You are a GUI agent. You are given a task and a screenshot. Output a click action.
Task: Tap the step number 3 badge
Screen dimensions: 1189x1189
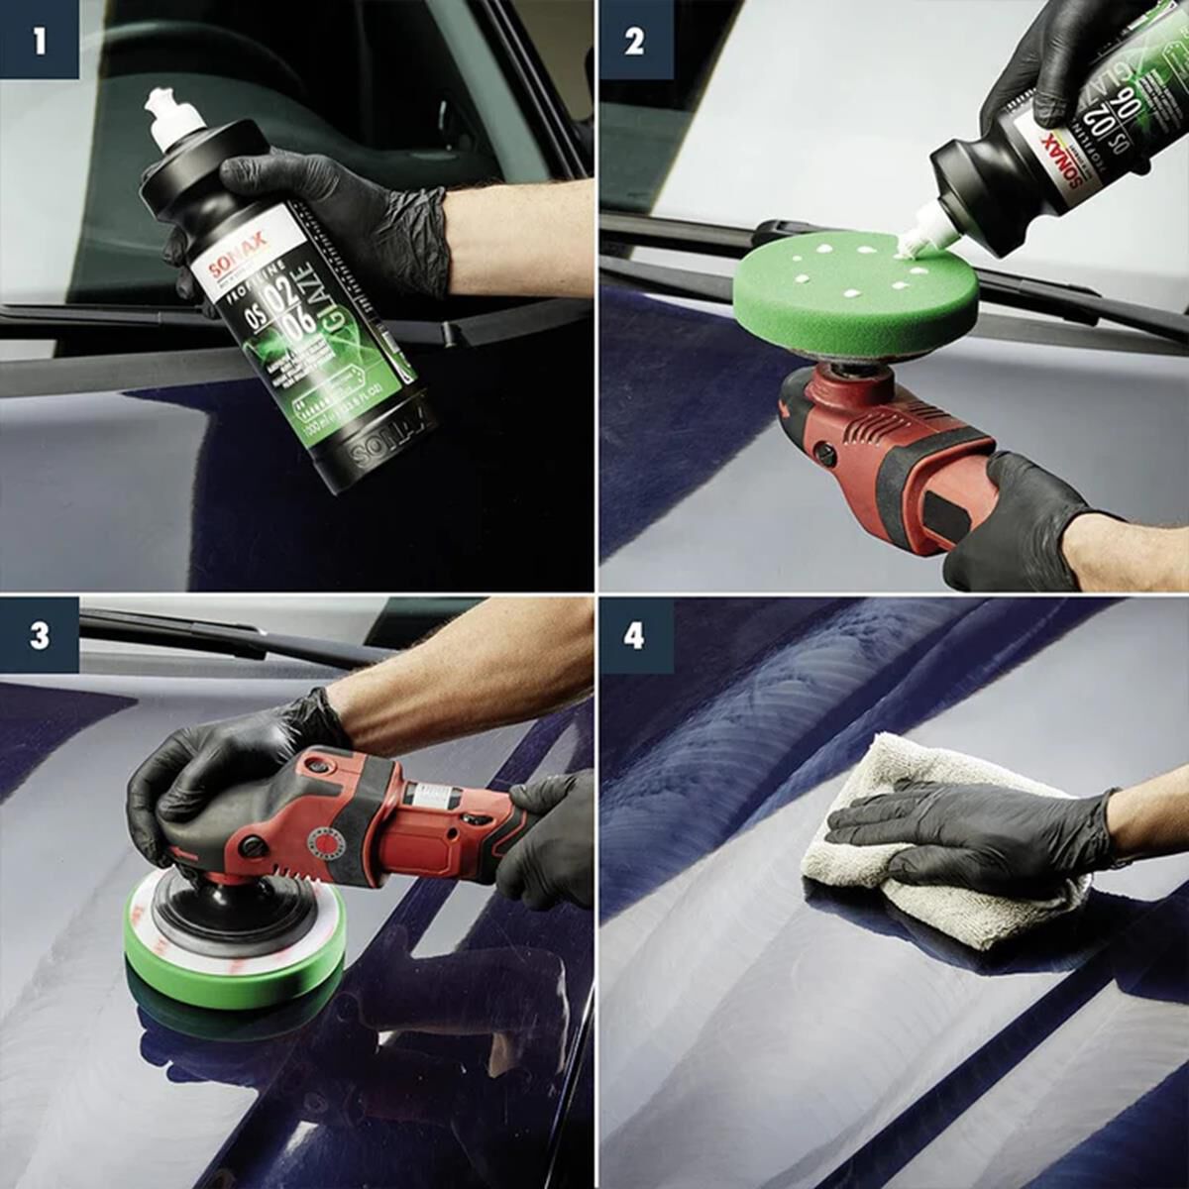coord(39,635)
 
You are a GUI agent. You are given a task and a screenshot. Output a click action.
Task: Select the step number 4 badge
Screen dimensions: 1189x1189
coord(635,635)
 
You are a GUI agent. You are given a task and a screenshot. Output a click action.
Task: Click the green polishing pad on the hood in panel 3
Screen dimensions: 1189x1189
coord(233,971)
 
